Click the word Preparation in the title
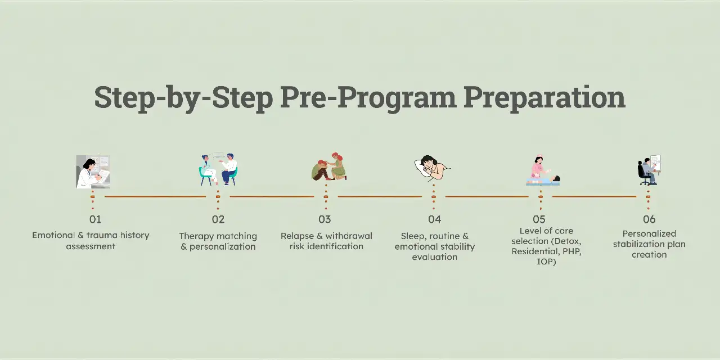[x=544, y=97]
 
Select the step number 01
[x=95, y=219]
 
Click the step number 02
[x=218, y=219]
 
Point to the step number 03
[x=325, y=219]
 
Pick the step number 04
[x=434, y=219]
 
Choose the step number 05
[x=539, y=219]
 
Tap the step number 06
[x=649, y=219]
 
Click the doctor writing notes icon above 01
[x=93, y=172]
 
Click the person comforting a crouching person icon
[x=329, y=166]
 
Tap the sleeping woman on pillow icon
[x=432, y=168]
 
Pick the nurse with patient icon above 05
[x=542, y=171]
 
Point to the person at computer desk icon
[x=649, y=170]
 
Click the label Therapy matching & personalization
[x=218, y=241]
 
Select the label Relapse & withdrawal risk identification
[x=326, y=241]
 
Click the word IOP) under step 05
[x=546, y=262]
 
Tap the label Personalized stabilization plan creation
[x=649, y=244]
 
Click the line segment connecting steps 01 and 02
[x=155, y=196]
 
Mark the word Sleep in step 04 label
[x=412, y=236]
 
